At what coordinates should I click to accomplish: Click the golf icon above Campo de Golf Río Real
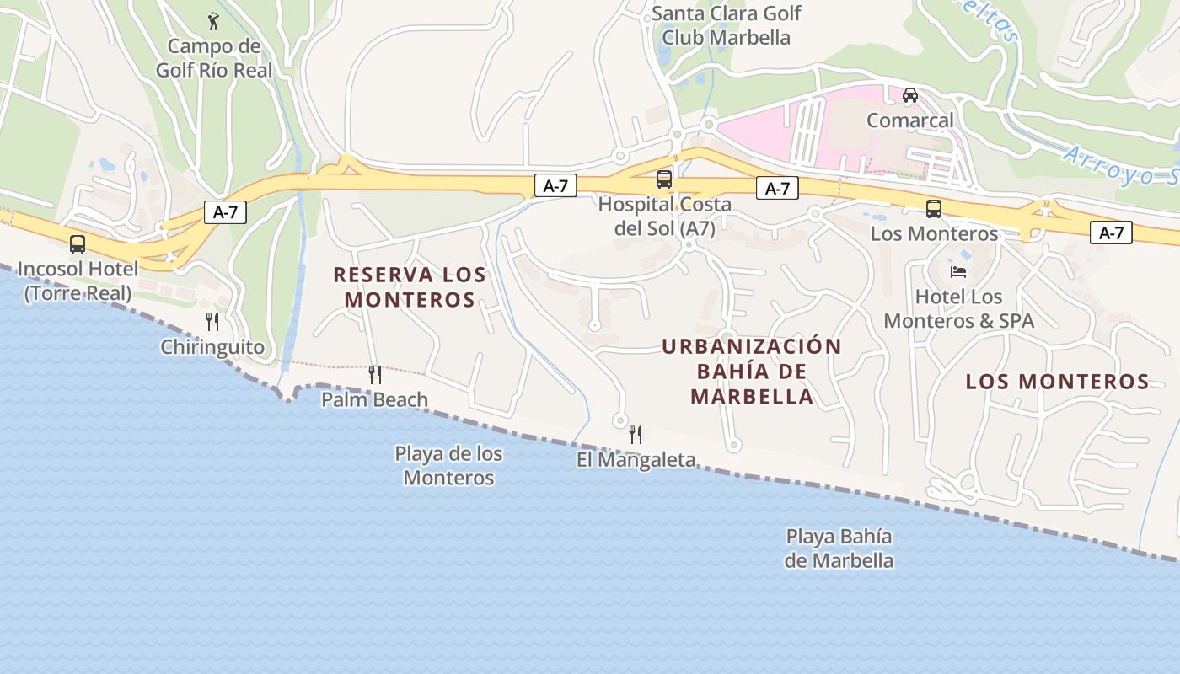(x=212, y=19)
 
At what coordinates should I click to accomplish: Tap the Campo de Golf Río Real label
(x=214, y=58)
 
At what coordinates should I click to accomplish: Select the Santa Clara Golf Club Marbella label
(x=726, y=25)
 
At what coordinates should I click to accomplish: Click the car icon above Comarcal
(x=910, y=95)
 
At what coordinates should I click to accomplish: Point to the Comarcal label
(x=910, y=120)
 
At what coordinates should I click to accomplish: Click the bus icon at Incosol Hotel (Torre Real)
(x=78, y=244)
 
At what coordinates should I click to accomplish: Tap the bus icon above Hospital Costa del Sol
(x=664, y=179)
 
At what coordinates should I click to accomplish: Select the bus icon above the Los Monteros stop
(x=934, y=209)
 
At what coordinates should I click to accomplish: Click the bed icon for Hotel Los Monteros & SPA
(x=958, y=271)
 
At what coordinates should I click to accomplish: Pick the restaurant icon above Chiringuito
(x=212, y=321)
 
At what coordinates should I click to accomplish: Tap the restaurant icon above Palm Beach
(x=375, y=374)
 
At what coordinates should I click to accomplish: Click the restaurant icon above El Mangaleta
(x=636, y=435)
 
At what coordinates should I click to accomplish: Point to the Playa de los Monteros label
(x=448, y=466)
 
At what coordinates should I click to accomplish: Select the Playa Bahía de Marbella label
(x=839, y=548)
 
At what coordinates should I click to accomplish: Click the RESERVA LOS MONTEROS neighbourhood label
(x=410, y=287)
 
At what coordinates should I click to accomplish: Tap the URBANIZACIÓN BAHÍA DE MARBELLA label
(x=752, y=372)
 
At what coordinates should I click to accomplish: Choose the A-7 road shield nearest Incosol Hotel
(x=225, y=212)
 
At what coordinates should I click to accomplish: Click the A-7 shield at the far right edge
(x=1111, y=233)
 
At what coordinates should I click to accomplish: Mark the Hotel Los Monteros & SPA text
(x=958, y=308)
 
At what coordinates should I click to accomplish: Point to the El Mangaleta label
(x=636, y=460)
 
